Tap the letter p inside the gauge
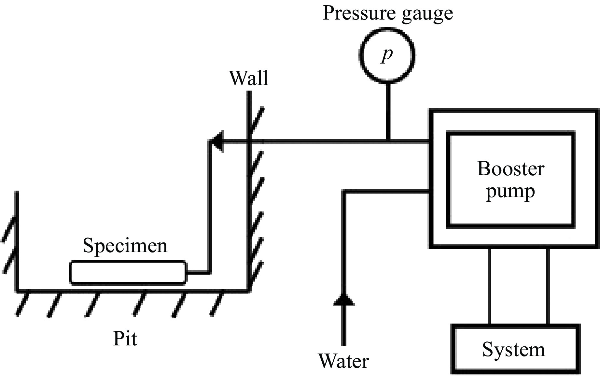click(387, 55)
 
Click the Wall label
click(249, 78)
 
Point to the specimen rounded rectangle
click(128, 272)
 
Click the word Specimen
click(125, 246)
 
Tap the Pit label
click(125, 339)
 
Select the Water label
click(344, 361)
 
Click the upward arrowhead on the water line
click(344, 300)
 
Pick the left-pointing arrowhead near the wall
click(217, 141)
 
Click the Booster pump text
click(510, 179)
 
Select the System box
click(515, 349)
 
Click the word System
click(513, 350)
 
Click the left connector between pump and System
click(489, 286)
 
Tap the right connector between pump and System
click(548, 286)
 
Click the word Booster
click(510, 169)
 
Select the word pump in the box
click(510, 192)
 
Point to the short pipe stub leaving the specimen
click(197, 272)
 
